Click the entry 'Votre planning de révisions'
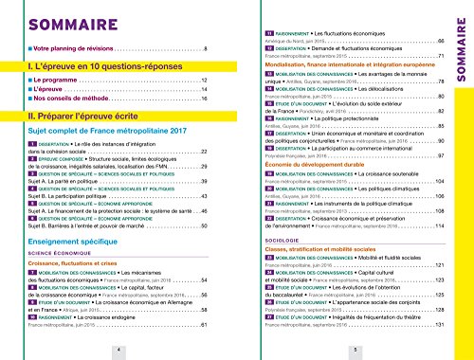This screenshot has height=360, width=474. (75, 46)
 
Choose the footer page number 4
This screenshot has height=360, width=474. (118, 349)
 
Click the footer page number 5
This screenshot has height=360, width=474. (354, 349)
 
